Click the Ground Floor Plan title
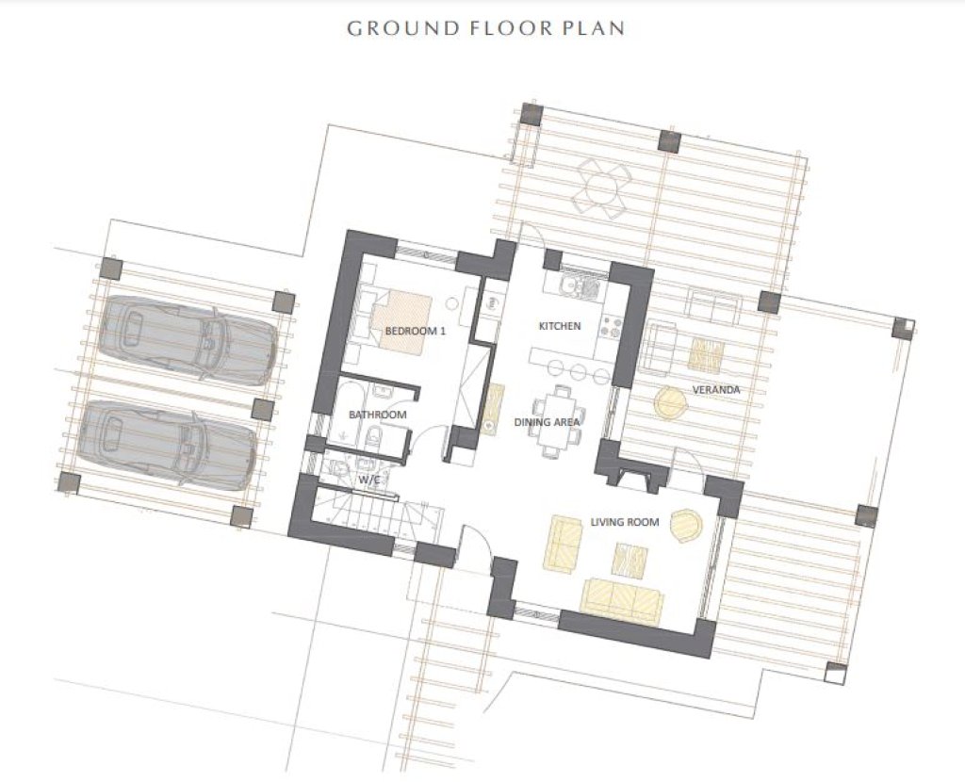point(485,28)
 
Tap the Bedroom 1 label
point(415,331)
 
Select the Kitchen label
point(560,326)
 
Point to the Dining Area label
point(547,422)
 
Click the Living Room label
point(625,522)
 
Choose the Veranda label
point(716,389)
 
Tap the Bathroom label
point(377,415)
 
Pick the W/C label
point(368,479)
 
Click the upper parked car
point(188,339)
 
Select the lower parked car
point(167,444)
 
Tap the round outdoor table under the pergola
point(600,187)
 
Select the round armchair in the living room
point(687,525)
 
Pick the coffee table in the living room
point(630,562)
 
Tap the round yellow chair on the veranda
point(670,403)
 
